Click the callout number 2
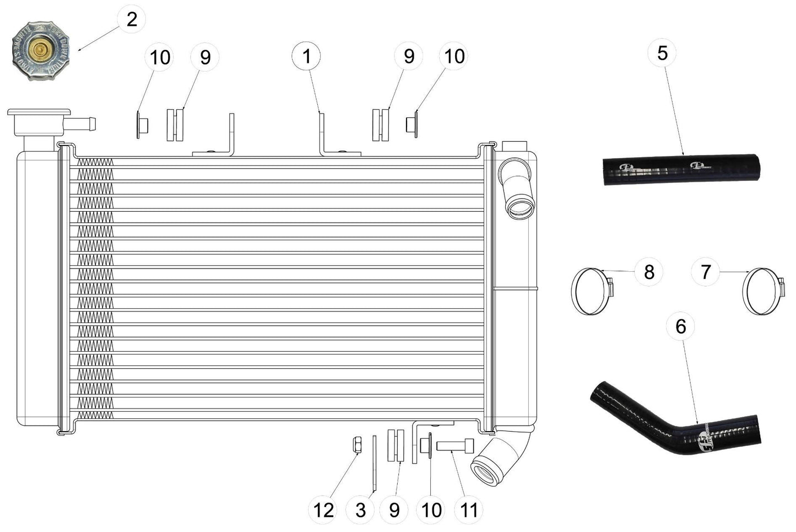pos(132,19)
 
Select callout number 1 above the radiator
pos(306,56)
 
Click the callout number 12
pos(323,509)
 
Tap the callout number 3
pos(360,509)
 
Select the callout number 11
pos(468,509)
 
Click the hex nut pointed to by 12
pos(356,444)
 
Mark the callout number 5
pos(662,53)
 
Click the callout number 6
pos(680,326)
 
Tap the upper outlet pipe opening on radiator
pos(519,209)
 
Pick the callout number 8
pos(649,272)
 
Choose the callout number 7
pos(706,272)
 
